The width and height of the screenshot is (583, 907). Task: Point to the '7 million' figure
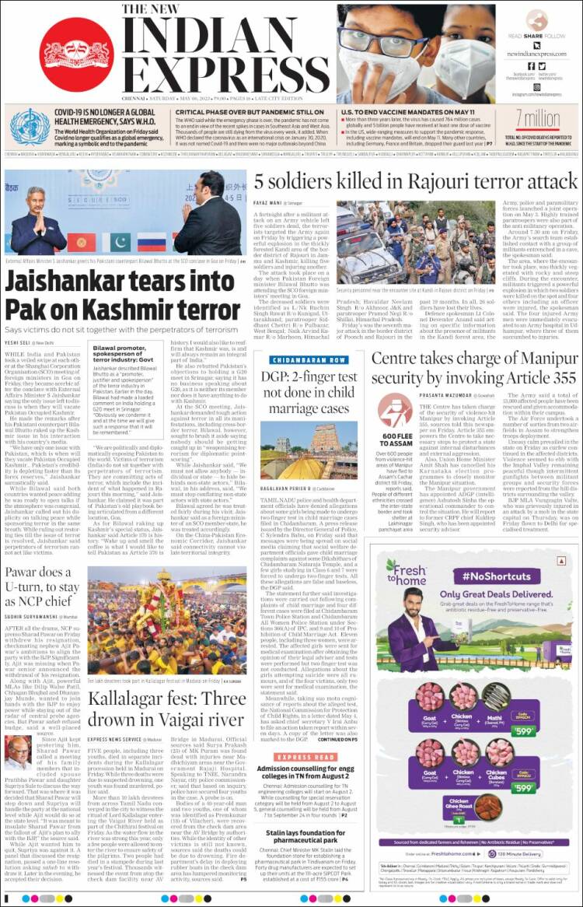pos(537,117)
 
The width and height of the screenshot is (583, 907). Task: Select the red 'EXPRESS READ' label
pos(305,757)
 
